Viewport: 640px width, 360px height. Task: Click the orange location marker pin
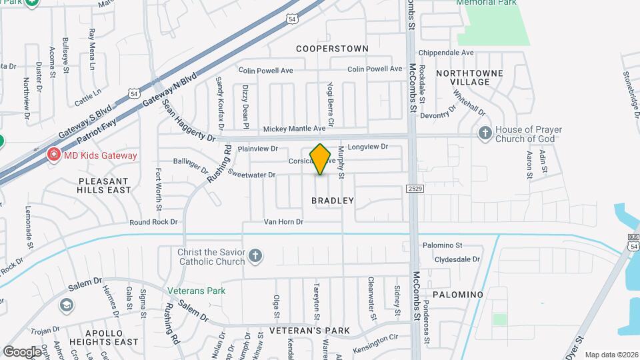pos(321,159)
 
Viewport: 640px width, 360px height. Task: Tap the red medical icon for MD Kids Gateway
pos(52,155)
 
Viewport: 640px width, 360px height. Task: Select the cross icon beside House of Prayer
pos(485,134)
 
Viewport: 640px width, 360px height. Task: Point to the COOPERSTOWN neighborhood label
pos(332,49)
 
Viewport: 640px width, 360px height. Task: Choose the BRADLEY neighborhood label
pos(332,200)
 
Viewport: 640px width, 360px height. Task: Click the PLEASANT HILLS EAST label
pos(105,185)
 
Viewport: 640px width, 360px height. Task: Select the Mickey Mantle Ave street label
pos(295,129)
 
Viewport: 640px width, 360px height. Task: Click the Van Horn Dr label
pos(283,222)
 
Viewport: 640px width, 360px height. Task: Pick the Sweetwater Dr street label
pos(251,175)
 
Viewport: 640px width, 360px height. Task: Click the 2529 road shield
pos(413,189)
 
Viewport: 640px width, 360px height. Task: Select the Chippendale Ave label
pos(445,53)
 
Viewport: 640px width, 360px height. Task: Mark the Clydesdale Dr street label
pos(457,259)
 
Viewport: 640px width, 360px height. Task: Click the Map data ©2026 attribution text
pos(611,354)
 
